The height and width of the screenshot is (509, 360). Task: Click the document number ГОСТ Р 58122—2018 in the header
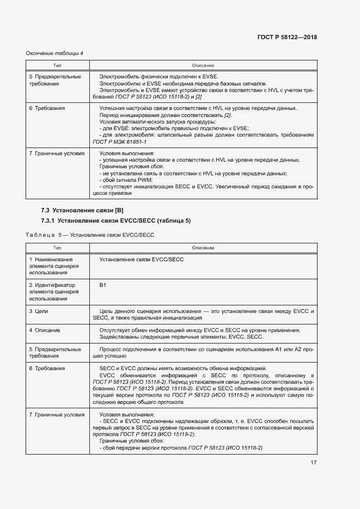point(286,38)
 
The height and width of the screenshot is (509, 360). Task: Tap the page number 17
point(313,463)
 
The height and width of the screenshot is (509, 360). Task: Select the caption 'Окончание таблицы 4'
point(54,53)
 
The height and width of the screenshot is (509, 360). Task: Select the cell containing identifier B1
point(103,285)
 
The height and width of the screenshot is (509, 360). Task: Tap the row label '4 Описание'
point(45,330)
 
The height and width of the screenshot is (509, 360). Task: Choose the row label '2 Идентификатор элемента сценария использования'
point(54,292)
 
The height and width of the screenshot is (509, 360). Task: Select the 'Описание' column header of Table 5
point(203,248)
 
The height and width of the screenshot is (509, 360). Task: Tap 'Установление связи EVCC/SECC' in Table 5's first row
point(142,260)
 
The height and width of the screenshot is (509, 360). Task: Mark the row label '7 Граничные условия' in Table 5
point(57,415)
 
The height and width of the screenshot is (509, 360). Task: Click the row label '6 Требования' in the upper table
point(47,108)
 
